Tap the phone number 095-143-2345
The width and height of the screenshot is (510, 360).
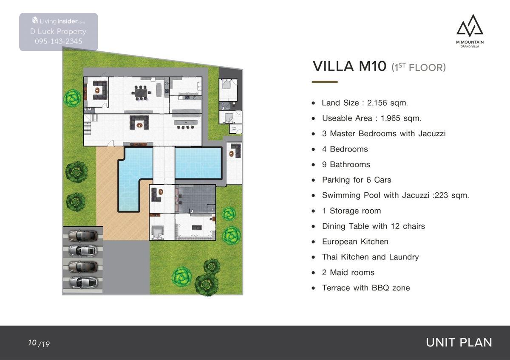pyautogui.click(x=59, y=41)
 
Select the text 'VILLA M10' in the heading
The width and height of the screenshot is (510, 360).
pyautogui.click(x=349, y=66)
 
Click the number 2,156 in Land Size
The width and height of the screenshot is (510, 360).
pyautogui.click(x=377, y=103)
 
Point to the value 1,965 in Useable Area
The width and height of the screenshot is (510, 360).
pyautogui.click(x=391, y=118)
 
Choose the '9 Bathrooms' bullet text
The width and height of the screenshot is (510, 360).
pyautogui.click(x=346, y=164)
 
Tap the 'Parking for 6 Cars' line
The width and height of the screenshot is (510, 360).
pyautogui.click(x=357, y=180)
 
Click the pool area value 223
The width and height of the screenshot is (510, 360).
pyautogui.click(x=441, y=195)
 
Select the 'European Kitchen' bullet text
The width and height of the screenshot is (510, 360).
pyautogui.click(x=355, y=242)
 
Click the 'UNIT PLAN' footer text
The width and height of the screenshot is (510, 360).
pyautogui.click(x=459, y=343)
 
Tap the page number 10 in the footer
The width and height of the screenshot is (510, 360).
pyautogui.click(x=32, y=342)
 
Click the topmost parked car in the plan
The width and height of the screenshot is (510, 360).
pyautogui.click(x=83, y=235)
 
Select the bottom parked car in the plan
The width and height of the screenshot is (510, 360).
pyautogui.click(x=83, y=282)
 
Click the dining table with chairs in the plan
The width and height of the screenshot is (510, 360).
pyautogui.click(x=141, y=93)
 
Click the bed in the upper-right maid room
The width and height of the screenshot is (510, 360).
pyautogui.click(x=227, y=84)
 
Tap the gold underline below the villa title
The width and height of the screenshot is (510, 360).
pyautogui.click(x=325, y=82)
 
